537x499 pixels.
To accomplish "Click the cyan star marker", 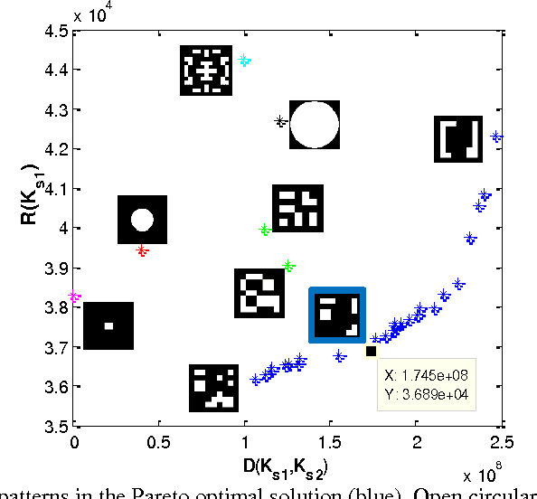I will (x=244, y=61).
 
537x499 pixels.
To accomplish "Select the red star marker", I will (x=142, y=249).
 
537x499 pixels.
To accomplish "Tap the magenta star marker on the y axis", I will (x=75, y=297).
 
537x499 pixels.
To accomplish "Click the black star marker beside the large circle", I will (x=280, y=121).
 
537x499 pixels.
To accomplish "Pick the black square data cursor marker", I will (x=371, y=351).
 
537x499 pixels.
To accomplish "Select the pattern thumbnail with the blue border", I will (x=337, y=315).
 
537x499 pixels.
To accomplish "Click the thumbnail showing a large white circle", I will (x=314, y=125).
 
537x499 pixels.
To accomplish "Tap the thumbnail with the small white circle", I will (x=142, y=219).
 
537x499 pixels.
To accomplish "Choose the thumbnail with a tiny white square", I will (x=108, y=325).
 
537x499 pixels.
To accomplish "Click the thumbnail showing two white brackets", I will (x=459, y=139).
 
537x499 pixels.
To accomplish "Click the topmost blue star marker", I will (x=495, y=137).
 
